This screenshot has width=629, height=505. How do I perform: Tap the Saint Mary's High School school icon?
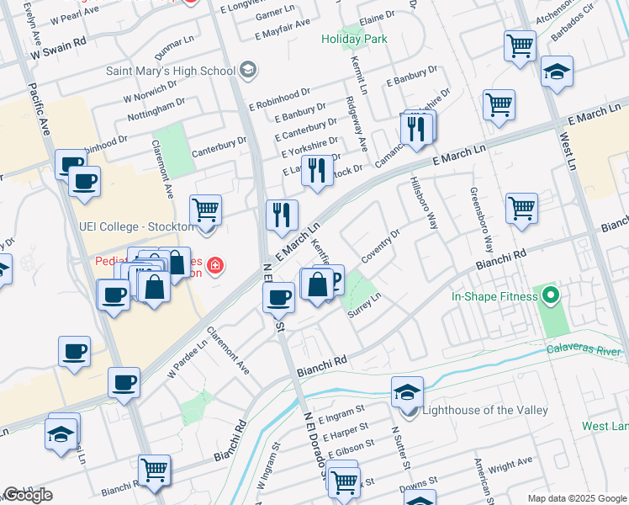pos(247,70)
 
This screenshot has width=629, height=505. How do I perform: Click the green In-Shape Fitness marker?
pos(551,296)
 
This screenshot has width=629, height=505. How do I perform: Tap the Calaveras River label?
pos(585,348)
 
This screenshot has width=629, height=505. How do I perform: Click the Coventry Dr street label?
pos(380,245)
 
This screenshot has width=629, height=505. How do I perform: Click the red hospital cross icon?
pos(216,267)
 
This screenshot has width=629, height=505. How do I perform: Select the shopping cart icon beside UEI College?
pos(205,210)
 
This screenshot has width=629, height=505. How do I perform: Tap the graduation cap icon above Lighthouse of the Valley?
pos(407,391)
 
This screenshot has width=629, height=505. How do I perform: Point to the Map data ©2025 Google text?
pos(577,498)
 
